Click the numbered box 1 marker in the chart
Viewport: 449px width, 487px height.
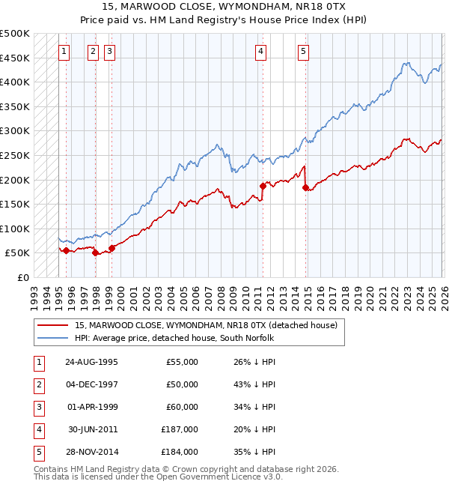coord(64,52)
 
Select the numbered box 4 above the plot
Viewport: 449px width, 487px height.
coord(260,52)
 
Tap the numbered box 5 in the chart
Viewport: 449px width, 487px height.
coord(303,52)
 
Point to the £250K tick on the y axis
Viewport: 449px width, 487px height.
coord(15,155)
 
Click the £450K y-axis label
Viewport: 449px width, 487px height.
coord(15,58)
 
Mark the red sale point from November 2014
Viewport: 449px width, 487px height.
coord(305,187)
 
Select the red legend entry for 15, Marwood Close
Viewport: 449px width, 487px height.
coord(206,325)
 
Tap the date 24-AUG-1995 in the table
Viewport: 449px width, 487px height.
coord(91,362)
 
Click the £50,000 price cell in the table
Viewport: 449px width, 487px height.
coord(182,384)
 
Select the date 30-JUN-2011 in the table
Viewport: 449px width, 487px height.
coord(91,429)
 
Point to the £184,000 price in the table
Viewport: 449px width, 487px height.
coord(180,452)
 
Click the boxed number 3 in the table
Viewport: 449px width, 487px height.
coord(38,407)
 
